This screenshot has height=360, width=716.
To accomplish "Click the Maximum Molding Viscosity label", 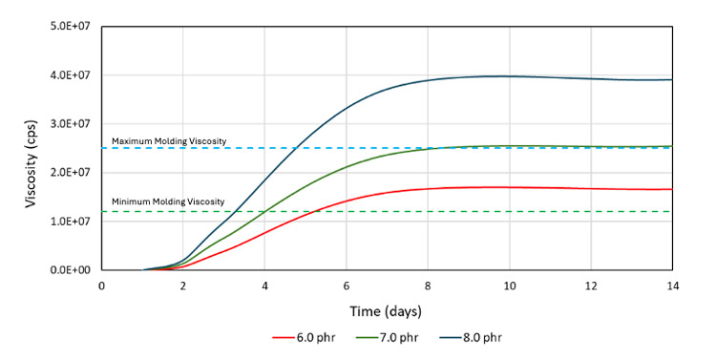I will [169, 141].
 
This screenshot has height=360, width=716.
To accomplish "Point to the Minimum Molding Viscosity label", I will [168, 201].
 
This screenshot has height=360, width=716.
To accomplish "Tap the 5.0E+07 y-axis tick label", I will [72, 27].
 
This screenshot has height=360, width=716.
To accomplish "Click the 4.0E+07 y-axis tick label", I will [72, 75].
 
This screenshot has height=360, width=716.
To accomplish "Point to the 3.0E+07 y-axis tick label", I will [72, 124].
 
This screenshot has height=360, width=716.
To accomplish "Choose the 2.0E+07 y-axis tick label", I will [72, 173].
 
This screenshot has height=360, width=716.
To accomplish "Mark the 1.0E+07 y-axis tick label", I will [72, 222].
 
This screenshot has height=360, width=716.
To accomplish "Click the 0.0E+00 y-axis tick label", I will [72, 270].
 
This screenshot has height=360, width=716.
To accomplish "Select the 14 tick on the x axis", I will [672, 285].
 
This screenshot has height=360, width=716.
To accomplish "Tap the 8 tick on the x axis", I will [428, 285].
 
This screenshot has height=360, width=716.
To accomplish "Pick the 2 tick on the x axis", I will [183, 285].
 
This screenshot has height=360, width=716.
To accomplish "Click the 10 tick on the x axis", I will [509, 285].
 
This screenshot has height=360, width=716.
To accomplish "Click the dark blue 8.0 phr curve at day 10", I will [509, 76].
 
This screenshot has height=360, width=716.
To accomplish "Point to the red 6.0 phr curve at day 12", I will [591, 188].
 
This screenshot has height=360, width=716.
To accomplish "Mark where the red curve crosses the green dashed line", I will [314, 211].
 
